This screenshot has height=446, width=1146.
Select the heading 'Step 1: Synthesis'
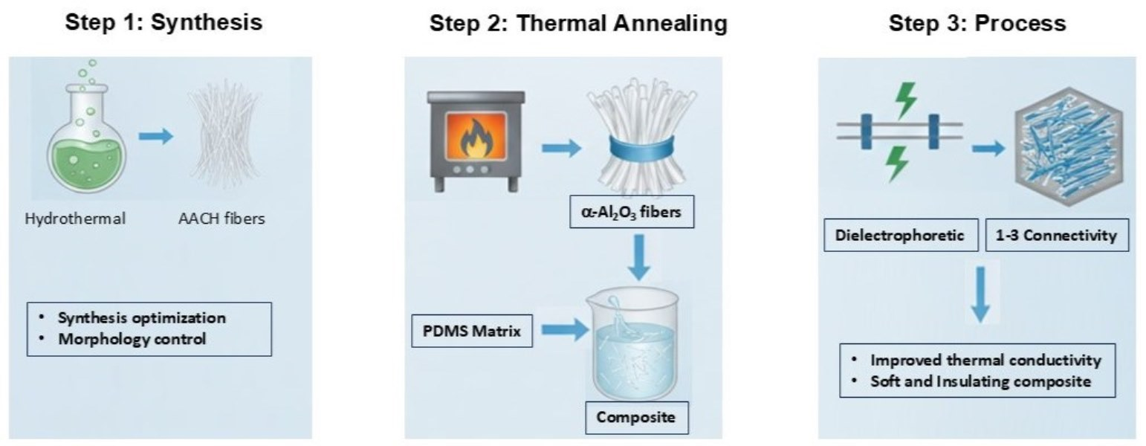tap(164, 23)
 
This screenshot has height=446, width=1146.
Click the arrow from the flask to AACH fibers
tap(156, 137)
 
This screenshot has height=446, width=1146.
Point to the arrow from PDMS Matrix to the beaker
tap(562, 332)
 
